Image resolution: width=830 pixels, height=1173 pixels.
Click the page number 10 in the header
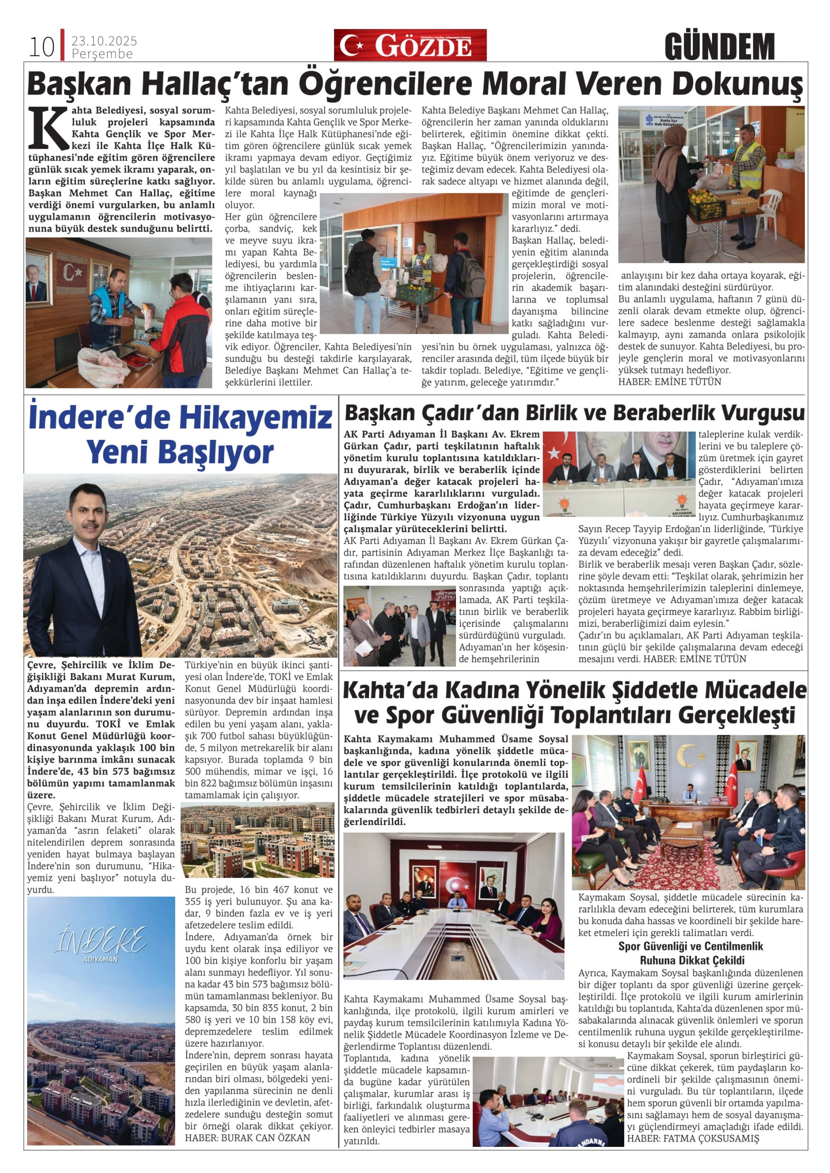click(x=41, y=47)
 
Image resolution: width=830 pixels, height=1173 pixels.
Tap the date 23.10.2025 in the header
click(x=104, y=41)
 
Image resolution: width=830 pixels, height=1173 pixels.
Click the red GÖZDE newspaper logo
click(x=410, y=45)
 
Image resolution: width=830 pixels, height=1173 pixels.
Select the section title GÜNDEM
click(x=719, y=47)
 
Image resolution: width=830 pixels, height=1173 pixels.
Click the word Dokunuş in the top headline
click(x=737, y=84)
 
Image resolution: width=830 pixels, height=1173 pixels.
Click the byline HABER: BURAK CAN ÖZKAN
click(x=248, y=1138)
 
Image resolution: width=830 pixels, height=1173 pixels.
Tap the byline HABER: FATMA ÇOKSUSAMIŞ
click(x=693, y=1138)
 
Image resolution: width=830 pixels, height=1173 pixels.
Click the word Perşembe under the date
click(x=102, y=54)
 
